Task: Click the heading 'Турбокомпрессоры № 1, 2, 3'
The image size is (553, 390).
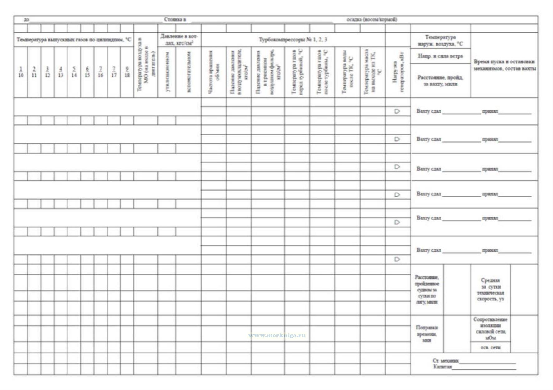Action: click(x=293, y=40)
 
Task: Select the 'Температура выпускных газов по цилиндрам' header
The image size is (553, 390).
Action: click(x=74, y=40)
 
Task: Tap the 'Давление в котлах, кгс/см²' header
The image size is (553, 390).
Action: click(x=179, y=40)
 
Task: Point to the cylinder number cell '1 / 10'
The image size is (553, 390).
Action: click(x=21, y=72)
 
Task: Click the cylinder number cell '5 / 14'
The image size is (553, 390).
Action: click(x=74, y=72)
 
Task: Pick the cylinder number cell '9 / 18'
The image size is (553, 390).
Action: click(x=127, y=72)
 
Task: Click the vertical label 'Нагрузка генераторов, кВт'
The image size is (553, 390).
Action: click(x=398, y=72)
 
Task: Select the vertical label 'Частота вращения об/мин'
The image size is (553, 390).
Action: click(x=213, y=72)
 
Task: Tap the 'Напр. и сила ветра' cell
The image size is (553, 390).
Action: click(x=440, y=56)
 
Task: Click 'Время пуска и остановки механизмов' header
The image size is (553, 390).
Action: click(x=504, y=65)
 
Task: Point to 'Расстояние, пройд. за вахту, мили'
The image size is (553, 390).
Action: click(x=440, y=80)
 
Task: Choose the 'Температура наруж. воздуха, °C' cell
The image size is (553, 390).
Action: click(x=440, y=41)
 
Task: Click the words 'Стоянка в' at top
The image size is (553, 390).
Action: click(x=175, y=20)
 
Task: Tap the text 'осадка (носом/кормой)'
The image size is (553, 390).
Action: click(x=372, y=20)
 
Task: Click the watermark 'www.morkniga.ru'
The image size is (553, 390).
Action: click(x=277, y=336)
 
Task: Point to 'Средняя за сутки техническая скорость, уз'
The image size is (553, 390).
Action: click(x=490, y=290)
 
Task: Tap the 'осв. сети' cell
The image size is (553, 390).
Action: click(x=490, y=347)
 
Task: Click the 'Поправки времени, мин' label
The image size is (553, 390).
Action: click(x=427, y=334)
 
